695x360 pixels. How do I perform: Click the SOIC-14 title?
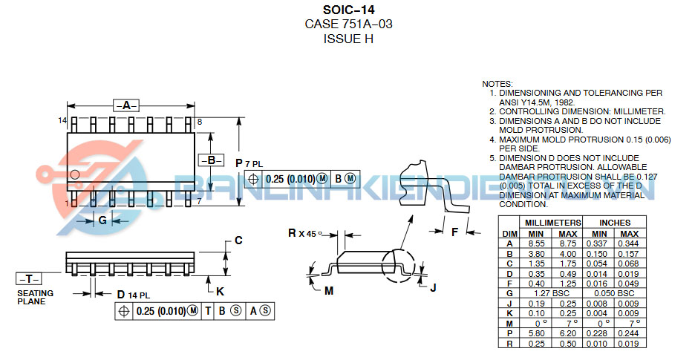[x=348, y=10]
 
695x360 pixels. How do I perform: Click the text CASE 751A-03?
[x=348, y=24]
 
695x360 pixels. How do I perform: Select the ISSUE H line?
[x=348, y=39]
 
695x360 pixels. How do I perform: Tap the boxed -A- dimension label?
[x=126, y=105]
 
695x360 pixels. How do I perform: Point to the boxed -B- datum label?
[x=211, y=160]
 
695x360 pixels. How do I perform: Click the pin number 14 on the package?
[x=62, y=120]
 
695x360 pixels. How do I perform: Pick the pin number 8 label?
[x=200, y=121]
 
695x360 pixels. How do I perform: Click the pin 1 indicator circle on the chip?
[x=75, y=175]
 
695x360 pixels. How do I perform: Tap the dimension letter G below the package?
[x=102, y=220]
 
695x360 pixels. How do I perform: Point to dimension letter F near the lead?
[x=454, y=232]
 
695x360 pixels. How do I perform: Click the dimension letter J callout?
[x=433, y=287]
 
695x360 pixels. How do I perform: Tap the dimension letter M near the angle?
[x=329, y=290]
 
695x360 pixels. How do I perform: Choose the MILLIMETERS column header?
[x=552, y=222]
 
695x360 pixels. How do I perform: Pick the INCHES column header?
[x=614, y=222]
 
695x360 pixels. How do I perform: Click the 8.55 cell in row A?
[x=537, y=243]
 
